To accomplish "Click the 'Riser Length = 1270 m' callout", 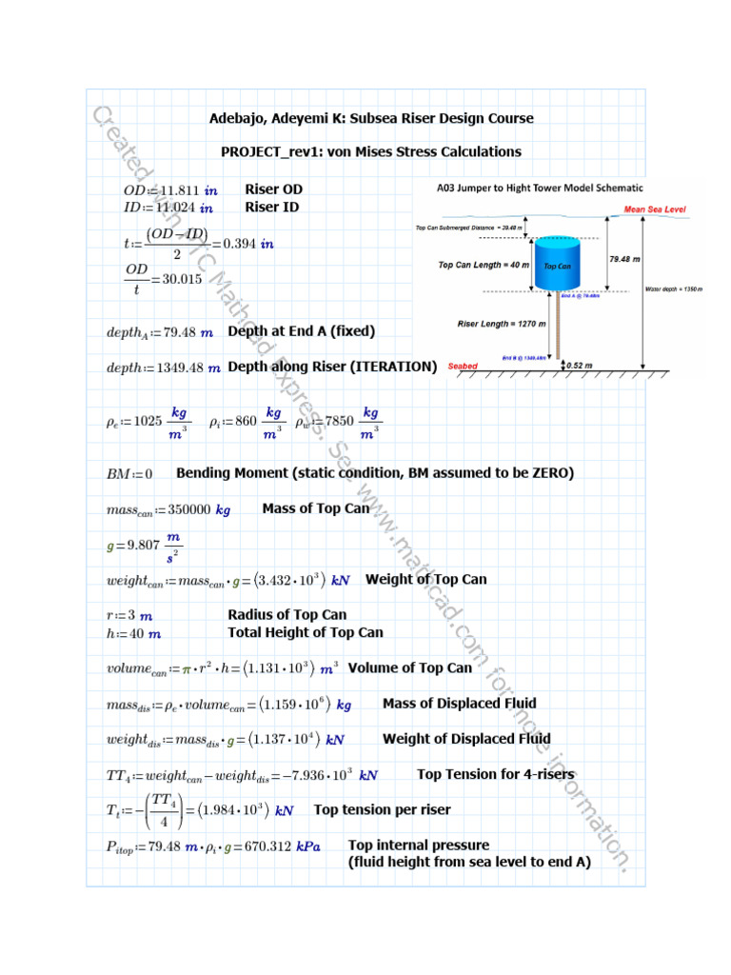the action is (x=502, y=324).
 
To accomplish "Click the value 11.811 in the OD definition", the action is (x=176, y=190).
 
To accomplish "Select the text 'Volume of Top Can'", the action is (x=409, y=667).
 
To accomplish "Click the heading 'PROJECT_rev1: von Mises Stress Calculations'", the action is (x=371, y=151).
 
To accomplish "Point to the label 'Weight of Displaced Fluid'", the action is (x=466, y=738).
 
